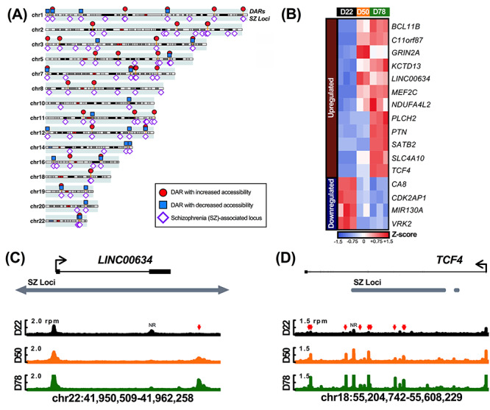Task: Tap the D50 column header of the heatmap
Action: (x=363, y=11)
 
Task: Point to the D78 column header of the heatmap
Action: (x=380, y=11)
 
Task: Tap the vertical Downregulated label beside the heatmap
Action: (x=330, y=202)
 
